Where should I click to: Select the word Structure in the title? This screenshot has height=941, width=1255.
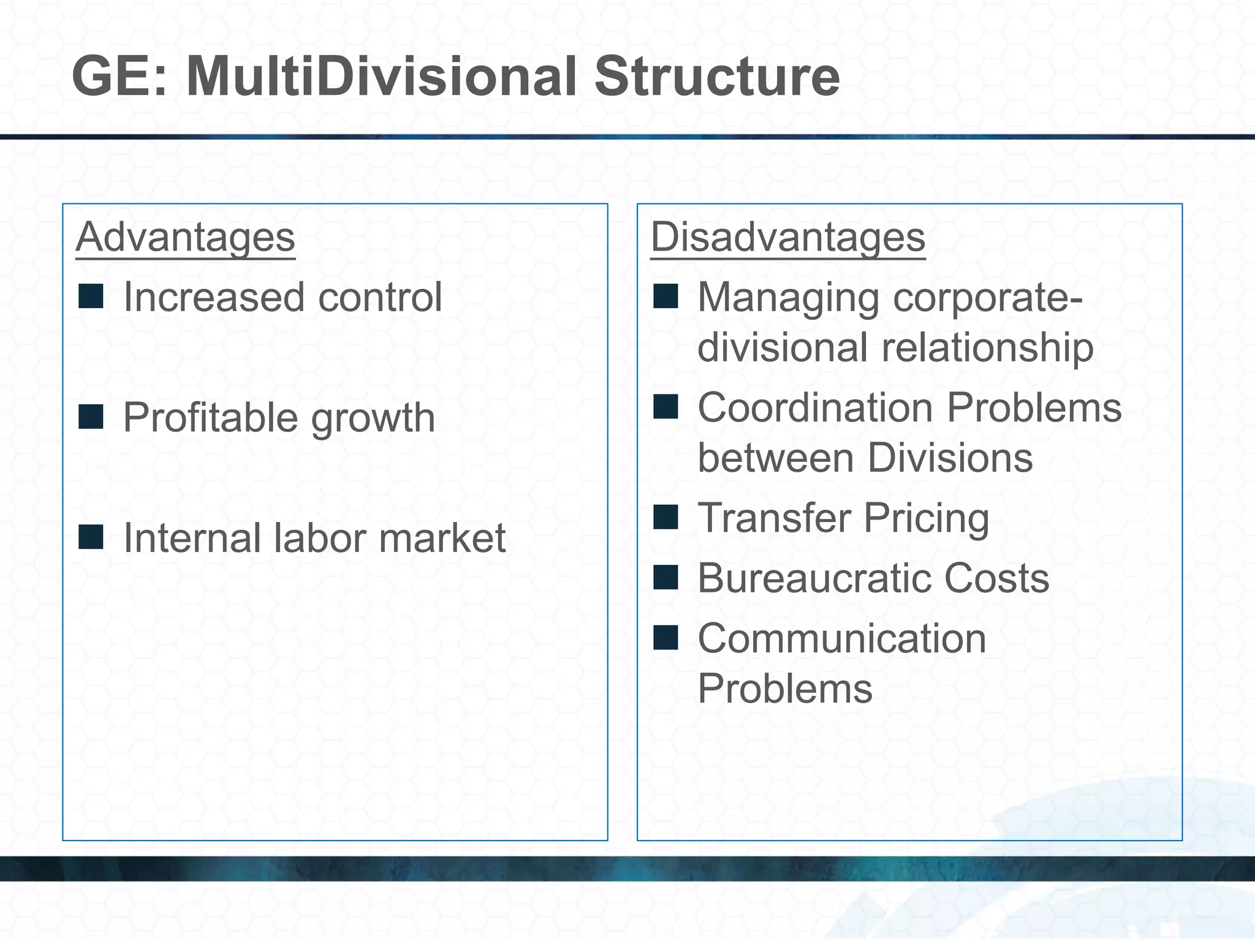pyautogui.click(x=717, y=77)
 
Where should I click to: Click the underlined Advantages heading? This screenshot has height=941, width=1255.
pyautogui.click(x=185, y=237)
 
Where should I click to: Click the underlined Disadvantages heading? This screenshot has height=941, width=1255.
pyautogui.click(x=787, y=237)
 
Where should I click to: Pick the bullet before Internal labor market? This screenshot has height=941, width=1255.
pyautogui.click(x=91, y=537)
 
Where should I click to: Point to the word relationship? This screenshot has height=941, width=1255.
pyautogui.click(x=987, y=348)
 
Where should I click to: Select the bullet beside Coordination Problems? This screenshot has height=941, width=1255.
pyautogui.click(x=665, y=406)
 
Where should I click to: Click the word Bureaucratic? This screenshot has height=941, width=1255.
pyautogui.click(x=814, y=578)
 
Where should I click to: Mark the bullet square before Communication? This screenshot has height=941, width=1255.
pyautogui.click(x=665, y=637)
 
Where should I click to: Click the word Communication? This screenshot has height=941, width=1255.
pyautogui.click(x=842, y=638)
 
